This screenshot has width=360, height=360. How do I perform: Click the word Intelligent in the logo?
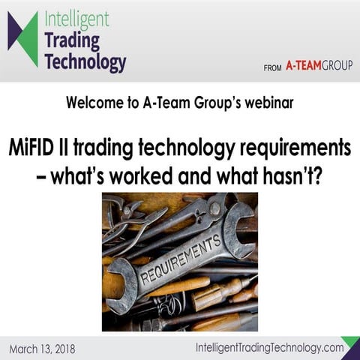pyautogui.click(x=76, y=16)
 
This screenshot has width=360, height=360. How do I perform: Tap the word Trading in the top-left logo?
pyautogui.click(x=72, y=39)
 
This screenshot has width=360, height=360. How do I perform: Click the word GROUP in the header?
pyautogui.click(x=336, y=66)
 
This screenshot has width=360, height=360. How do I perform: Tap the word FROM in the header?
pyautogui.click(x=271, y=67)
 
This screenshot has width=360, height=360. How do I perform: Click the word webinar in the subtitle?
pyautogui.click(x=268, y=103)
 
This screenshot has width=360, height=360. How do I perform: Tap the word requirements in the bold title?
pyautogui.click(x=286, y=148)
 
